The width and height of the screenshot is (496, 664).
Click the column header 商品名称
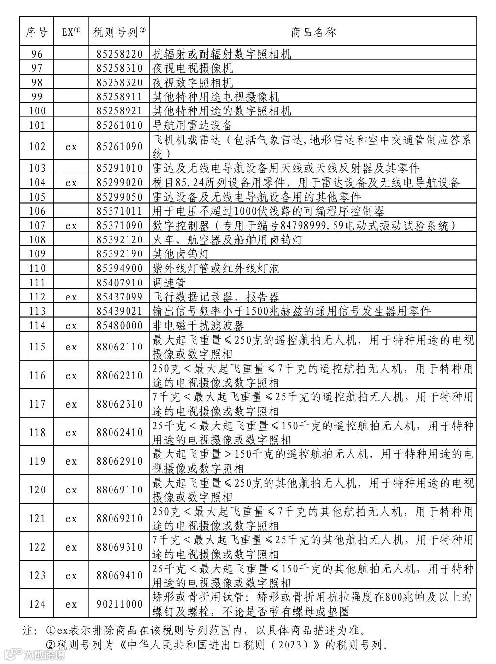pos(313,32)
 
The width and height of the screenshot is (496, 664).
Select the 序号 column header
pos(37,32)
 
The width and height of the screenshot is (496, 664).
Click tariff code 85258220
pos(119,54)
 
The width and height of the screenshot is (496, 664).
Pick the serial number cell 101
pos(37,126)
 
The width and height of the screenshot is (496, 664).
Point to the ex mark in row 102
pos(71,147)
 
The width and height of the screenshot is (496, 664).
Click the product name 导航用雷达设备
pos(192,126)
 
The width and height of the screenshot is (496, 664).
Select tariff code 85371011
pos(119,211)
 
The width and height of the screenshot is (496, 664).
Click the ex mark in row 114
pos(71,326)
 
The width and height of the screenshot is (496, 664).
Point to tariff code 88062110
pos(119,347)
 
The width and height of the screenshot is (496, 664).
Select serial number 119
pos(37,461)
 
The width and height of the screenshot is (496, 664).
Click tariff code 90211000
pos(119,604)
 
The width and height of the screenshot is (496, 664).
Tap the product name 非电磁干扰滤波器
pos(198,326)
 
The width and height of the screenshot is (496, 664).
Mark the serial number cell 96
pos(37,54)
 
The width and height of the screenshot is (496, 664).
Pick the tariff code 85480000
pos(119,326)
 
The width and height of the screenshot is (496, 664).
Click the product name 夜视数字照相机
pos(192,82)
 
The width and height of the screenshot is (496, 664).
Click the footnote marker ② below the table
pos(50,645)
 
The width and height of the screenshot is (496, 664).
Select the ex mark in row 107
pos(71,225)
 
